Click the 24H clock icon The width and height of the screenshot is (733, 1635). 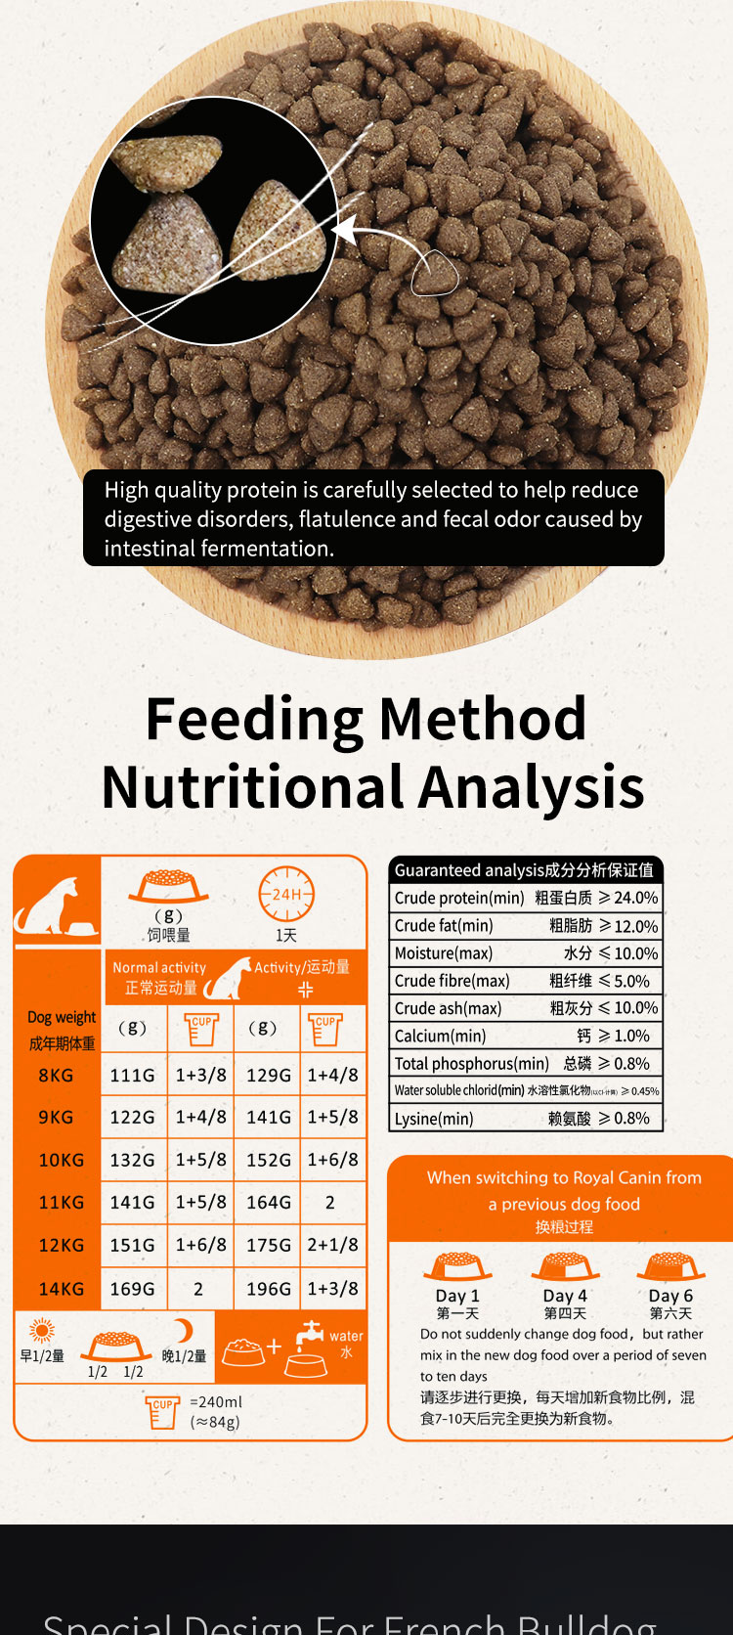tap(286, 894)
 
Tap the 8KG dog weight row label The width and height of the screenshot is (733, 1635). tap(56, 1075)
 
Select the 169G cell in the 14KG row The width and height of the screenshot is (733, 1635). tap(132, 1289)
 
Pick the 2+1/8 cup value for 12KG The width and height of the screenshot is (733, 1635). tap(332, 1245)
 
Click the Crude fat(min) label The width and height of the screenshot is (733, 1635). tap(444, 925)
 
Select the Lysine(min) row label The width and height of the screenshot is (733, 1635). tap(434, 1119)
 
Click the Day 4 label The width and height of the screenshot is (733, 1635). tap(565, 1296)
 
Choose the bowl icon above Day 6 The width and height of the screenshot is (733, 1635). tap(670, 1266)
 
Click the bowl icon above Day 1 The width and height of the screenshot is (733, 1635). tap(457, 1266)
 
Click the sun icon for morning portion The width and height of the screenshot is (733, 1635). tap(42, 1331)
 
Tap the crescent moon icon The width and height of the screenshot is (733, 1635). tap(184, 1330)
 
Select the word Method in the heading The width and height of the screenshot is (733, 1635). tap(483, 719)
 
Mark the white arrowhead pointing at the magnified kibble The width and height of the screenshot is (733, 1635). tap(345, 232)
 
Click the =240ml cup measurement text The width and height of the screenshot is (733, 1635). tap(216, 1401)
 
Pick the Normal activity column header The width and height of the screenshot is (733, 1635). tap(159, 967)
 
